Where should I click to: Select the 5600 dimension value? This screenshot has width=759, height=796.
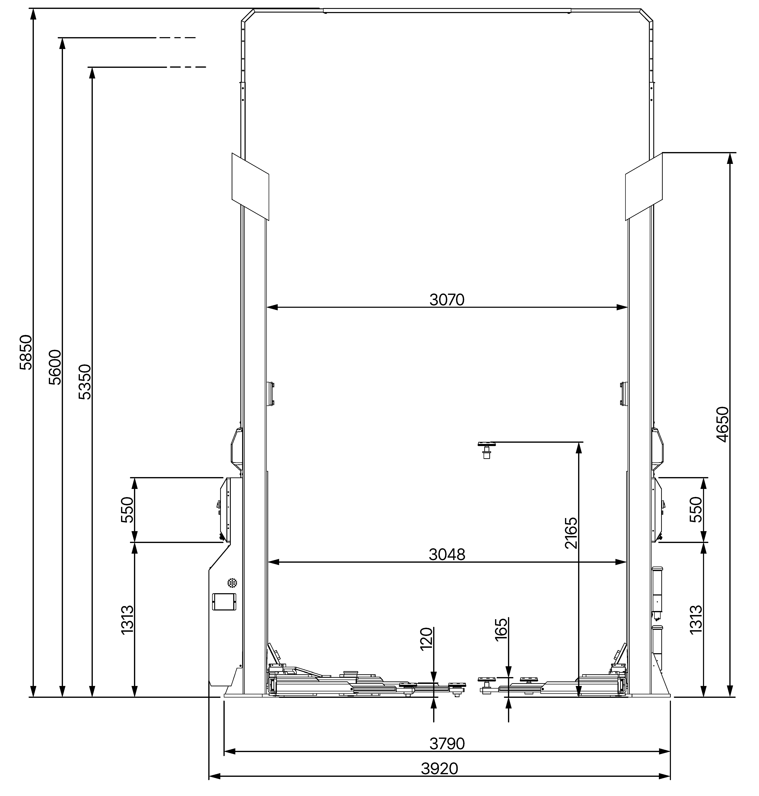(x=55, y=367)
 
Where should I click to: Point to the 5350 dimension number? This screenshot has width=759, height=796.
(x=85, y=382)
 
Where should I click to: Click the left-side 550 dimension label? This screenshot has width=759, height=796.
(x=127, y=510)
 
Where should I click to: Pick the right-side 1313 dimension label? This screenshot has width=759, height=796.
(x=696, y=619)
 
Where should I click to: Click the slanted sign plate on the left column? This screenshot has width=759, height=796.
(x=250, y=186)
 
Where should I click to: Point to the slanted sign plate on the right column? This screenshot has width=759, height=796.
(x=644, y=186)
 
